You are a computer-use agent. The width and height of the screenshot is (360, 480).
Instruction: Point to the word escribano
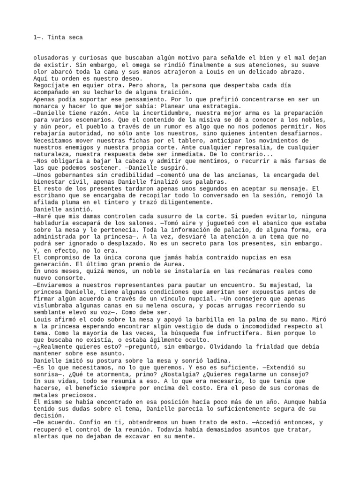tap(51, 195)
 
